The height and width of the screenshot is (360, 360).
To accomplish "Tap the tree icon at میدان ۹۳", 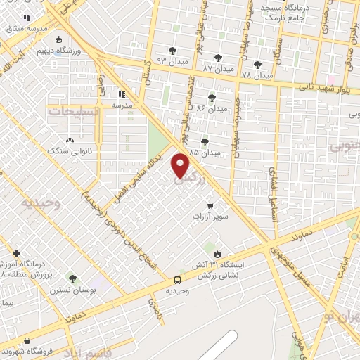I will pos(172,51).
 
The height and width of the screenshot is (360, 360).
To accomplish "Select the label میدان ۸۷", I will pos(217,69).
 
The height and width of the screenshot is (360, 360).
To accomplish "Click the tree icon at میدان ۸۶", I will pos(212,98).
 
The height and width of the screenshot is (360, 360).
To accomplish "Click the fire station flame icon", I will pos(217,253).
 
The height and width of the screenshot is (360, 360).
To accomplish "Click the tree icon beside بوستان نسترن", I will pos(72,279).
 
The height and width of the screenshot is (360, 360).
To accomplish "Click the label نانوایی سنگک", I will pos(65,150).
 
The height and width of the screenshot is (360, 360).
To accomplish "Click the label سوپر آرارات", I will pos(210,217).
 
